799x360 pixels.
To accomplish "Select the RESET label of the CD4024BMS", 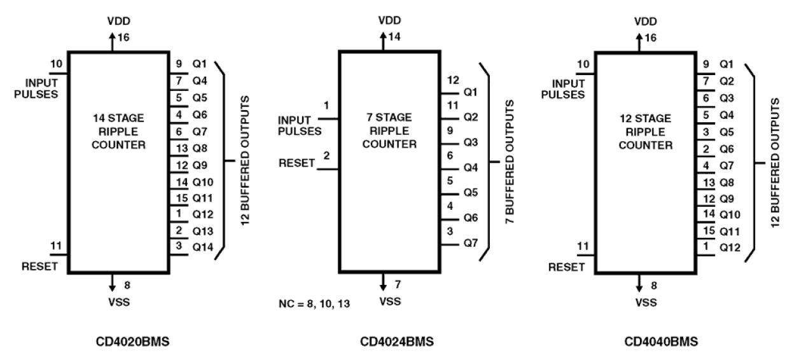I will click(x=297, y=163).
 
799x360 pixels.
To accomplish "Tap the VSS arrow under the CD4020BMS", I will click(x=113, y=282).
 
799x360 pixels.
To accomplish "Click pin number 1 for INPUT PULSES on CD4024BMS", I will click(x=326, y=104).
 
